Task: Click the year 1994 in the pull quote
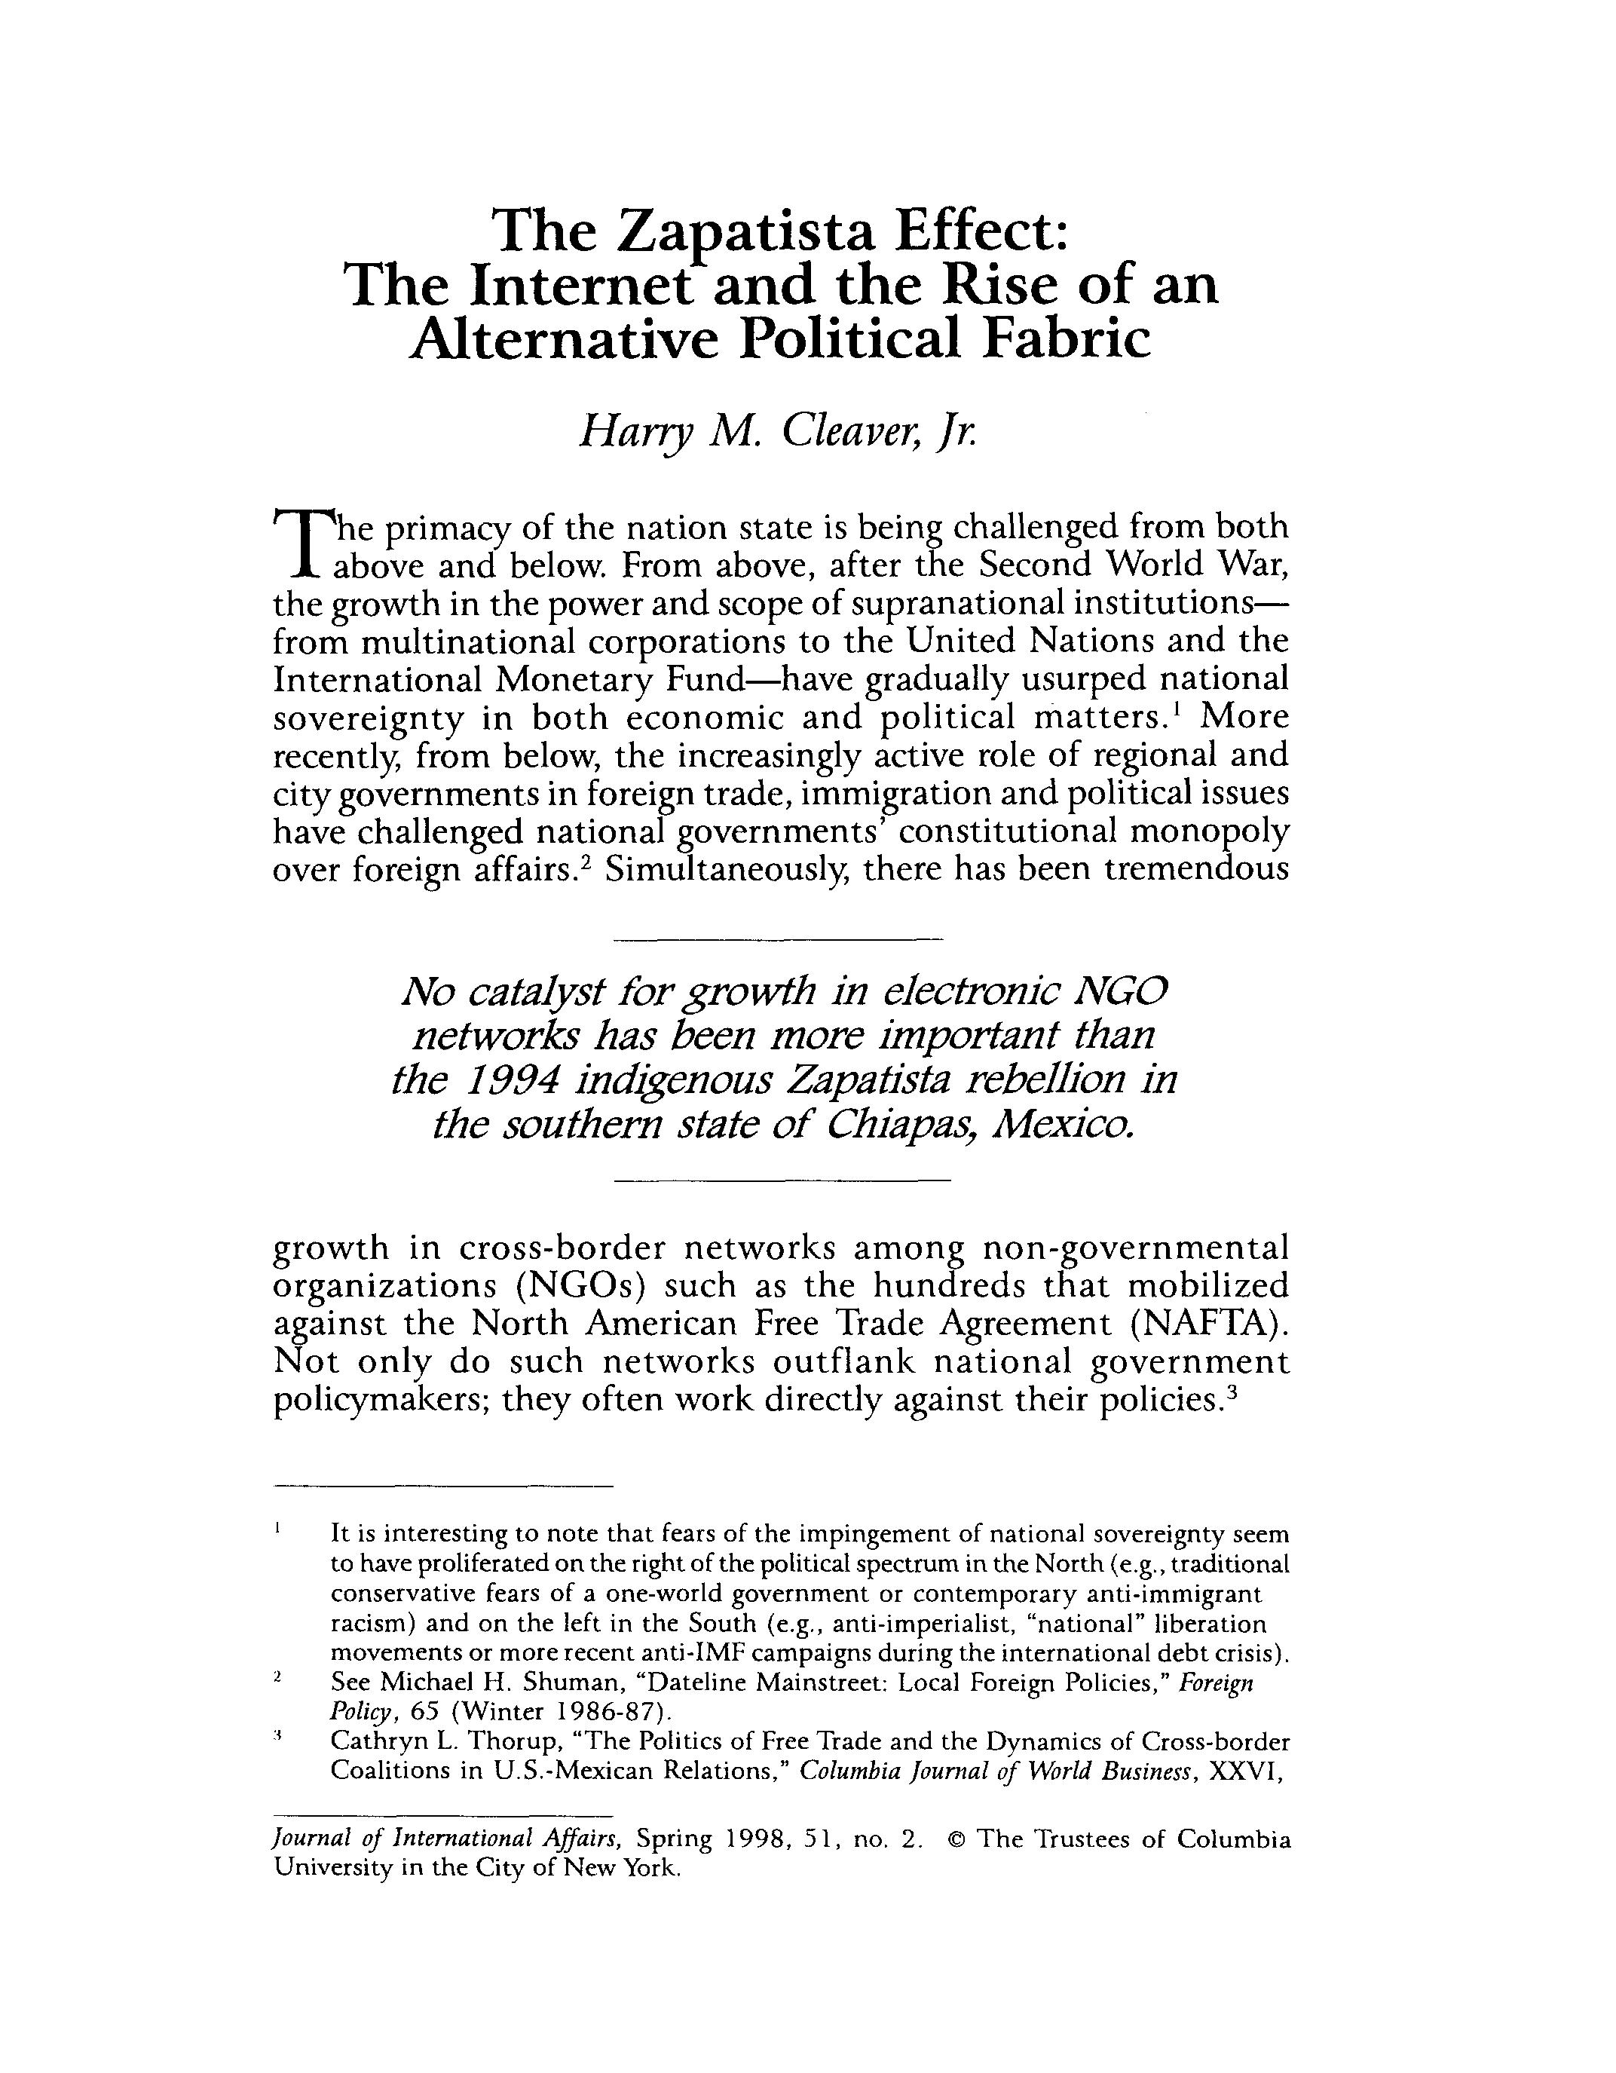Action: point(516,1079)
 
